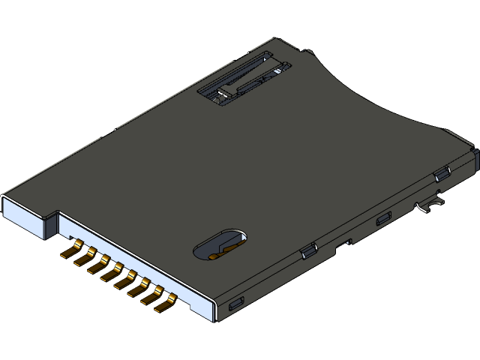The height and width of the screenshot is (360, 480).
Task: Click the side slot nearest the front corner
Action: [235, 304]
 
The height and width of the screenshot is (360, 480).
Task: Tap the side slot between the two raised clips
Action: [383, 220]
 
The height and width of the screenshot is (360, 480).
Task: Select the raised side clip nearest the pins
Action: [307, 252]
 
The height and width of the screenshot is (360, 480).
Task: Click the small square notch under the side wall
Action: [347, 242]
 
